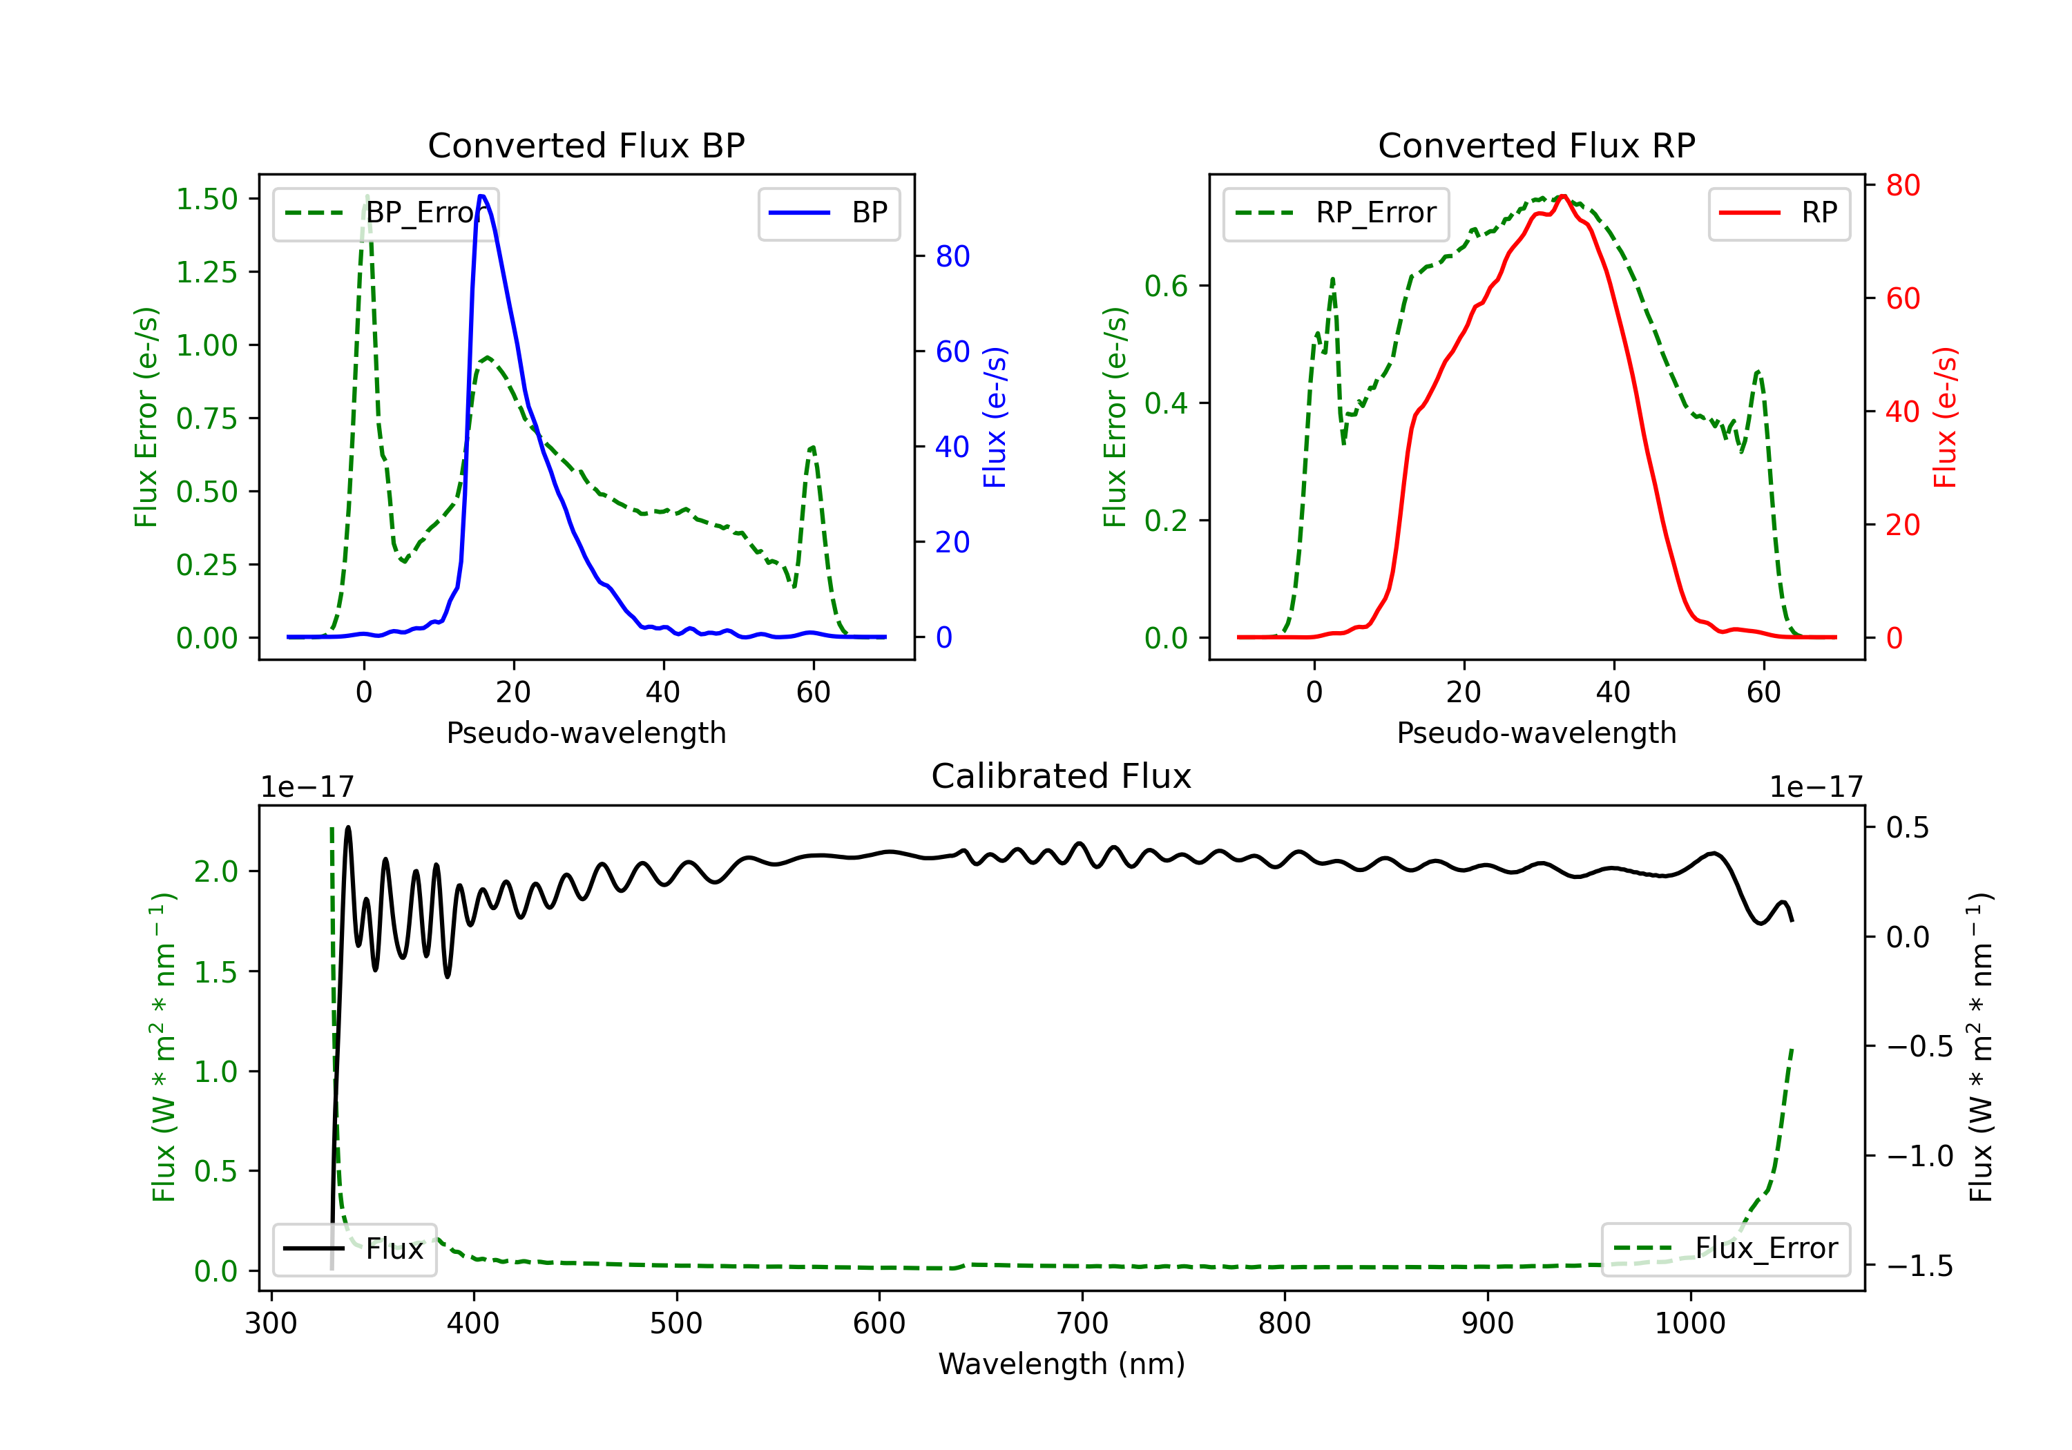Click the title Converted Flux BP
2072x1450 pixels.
click(586, 145)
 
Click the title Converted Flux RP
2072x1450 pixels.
click(1536, 145)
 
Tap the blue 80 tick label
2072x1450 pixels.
click(952, 256)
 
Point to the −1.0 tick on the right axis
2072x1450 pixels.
click(1919, 1156)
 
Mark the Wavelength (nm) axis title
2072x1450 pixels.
click(1062, 1364)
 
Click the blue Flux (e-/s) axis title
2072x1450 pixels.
click(995, 417)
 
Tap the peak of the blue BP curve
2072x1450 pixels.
click(482, 196)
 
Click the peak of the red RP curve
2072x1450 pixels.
click(1563, 196)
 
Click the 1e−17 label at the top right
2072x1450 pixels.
click(1816, 787)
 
